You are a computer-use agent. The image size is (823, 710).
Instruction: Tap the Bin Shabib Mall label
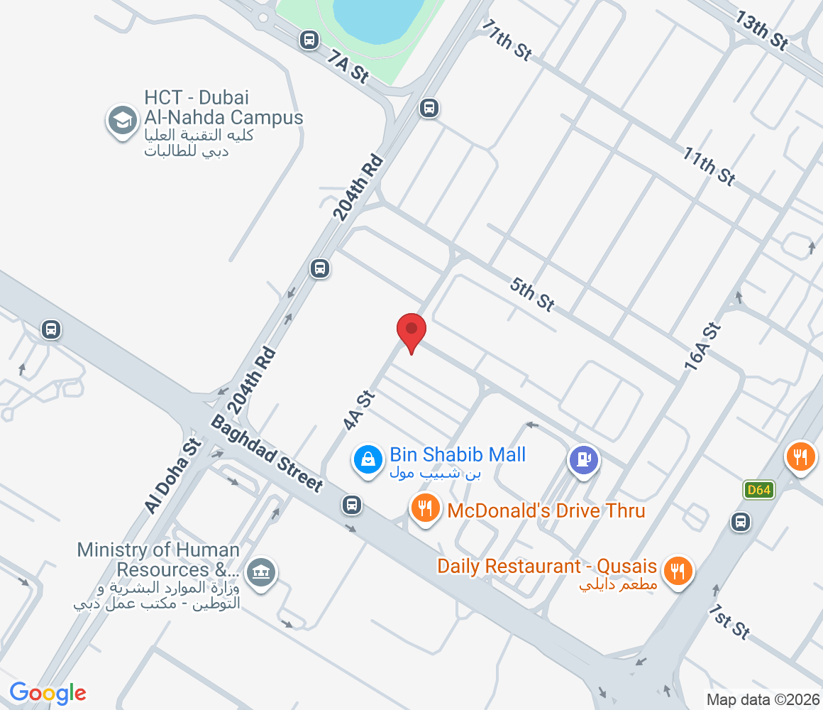(458, 455)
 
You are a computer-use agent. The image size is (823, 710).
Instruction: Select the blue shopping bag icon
(368, 459)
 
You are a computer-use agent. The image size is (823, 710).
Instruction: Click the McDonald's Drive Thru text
(546, 510)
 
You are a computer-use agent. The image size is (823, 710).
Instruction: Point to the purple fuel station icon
(584, 459)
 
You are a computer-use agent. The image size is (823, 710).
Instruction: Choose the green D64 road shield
(758, 489)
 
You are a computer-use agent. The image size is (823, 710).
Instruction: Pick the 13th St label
(761, 31)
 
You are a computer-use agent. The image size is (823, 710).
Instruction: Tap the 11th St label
(709, 165)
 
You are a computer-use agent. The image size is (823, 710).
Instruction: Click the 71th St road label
(507, 40)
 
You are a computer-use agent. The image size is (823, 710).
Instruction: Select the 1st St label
(729, 622)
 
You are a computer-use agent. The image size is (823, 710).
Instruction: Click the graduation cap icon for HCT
(123, 121)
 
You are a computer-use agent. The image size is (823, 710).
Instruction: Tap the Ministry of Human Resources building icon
(261, 571)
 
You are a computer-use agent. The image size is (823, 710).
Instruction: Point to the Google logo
(48, 692)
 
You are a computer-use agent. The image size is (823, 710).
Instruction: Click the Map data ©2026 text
(762, 699)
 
